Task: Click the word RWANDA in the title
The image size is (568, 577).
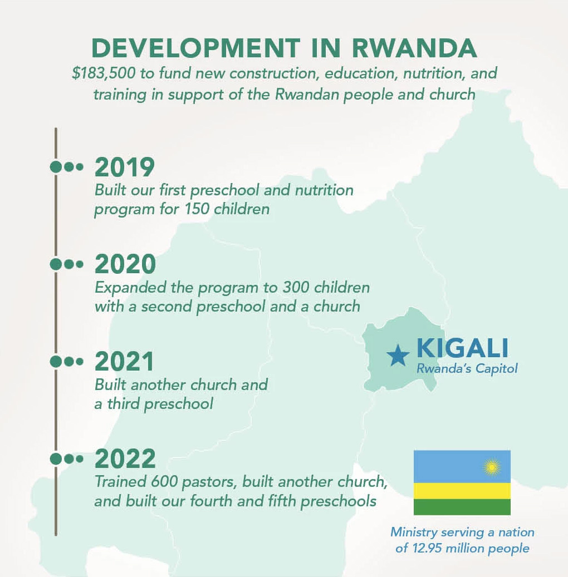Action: (414, 48)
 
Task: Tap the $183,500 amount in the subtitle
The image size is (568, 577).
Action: (104, 73)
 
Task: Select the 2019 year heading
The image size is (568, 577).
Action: (125, 167)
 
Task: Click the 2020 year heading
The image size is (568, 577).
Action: (125, 264)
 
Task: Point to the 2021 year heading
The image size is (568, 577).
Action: (124, 361)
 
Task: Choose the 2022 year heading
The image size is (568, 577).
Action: (125, 458)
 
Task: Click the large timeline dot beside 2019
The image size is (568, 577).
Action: (56, 167)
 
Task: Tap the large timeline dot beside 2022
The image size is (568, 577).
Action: (56, 459)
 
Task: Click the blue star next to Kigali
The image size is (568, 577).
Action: (398, 356)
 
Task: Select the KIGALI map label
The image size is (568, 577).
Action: (463, 348)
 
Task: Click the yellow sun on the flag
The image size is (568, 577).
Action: (491, 467)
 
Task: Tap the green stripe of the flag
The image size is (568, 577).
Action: (462, 507)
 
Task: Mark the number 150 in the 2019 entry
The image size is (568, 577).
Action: (197, 209)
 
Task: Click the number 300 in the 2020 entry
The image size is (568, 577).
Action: (296, 288)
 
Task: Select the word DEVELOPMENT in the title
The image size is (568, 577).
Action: (196, 48)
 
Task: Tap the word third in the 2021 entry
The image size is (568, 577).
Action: (124, 404)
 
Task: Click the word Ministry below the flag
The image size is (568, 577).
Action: (414, 532)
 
